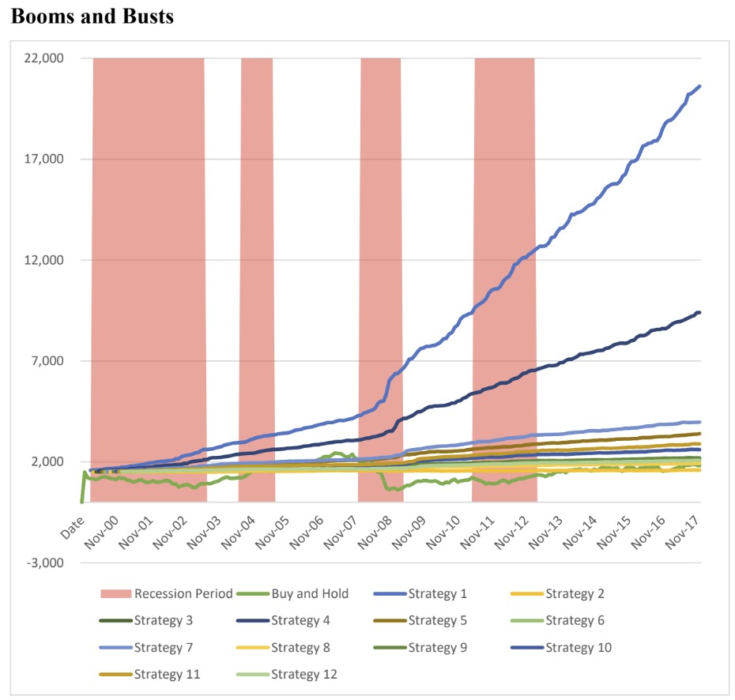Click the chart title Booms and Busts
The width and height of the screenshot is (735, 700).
coord(92,17)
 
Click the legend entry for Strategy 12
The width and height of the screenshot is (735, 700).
coord(312,674)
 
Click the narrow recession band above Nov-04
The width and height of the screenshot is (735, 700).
coord(257,237)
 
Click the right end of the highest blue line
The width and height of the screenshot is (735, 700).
coord(699,86)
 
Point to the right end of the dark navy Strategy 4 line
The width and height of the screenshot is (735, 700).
coord(699,313)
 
